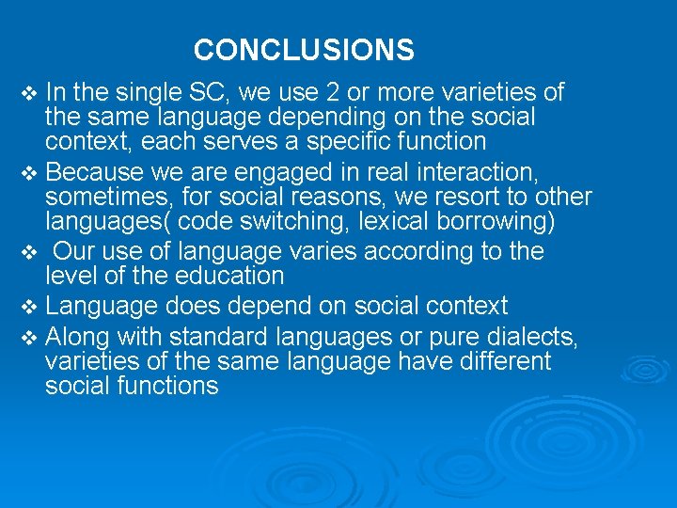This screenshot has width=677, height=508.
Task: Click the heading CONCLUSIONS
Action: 304,49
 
